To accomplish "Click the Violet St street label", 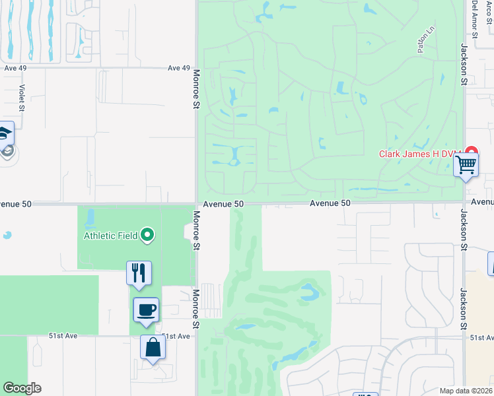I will [x=21, y=98].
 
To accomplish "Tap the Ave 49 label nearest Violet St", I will [x=15, y=68].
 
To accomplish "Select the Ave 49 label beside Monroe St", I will [x=178, y=68].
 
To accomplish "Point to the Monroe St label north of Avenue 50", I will [x=196, y=96].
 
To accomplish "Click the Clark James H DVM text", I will [x=419, y=154].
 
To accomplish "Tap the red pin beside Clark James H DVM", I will [x=471, y=152].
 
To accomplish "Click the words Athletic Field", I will [x=110, y=235].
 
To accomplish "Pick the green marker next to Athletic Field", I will [x=148, y=234].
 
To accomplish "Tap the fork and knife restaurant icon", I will [x=139, y=273].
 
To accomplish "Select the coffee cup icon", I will [x=146, y=309].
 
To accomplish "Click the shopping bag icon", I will [x=153, y=347].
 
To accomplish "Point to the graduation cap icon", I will [x=5, y=134].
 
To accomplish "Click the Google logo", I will [x=22, y=388].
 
